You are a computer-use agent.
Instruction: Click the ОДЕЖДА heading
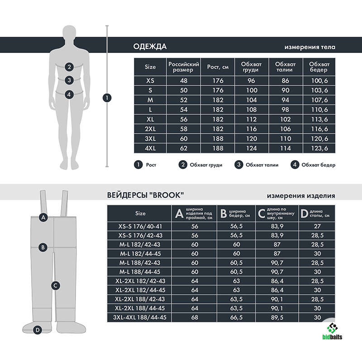(x=150, y=47)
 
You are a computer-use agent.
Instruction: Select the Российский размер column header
(x=184, y=67)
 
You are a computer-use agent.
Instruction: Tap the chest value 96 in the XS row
(x=251, y=81)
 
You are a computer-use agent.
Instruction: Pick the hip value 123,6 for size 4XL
(x=319, y=148)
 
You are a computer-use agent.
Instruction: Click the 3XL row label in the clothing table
(x=150, y=138)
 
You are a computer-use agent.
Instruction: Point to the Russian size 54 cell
(x=184, y=110)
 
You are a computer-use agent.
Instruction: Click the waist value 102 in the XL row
(x=286, y=119)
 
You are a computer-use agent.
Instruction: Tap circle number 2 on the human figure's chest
(x=69, y=67)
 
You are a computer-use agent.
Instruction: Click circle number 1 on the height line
(x=107, y=98)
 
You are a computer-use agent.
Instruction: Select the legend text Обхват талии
(x=262, y=165)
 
